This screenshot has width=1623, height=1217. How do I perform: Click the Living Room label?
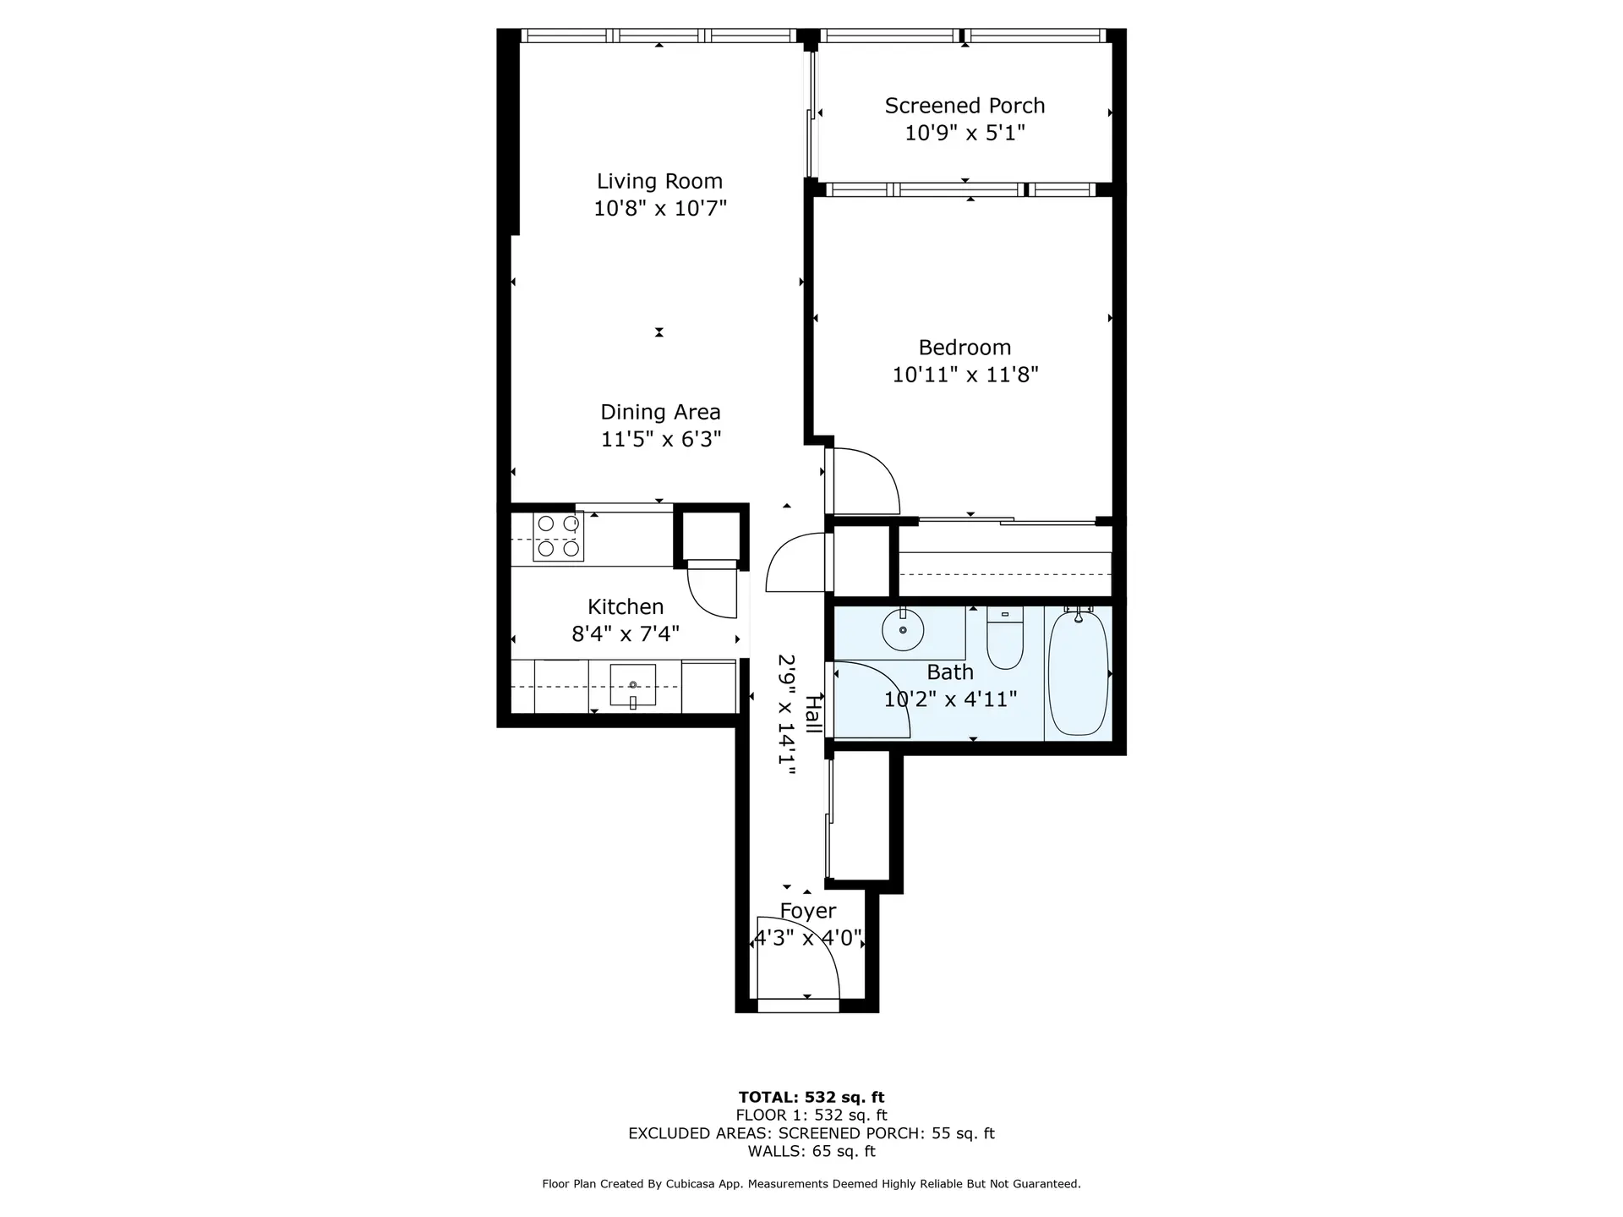[x=659, y=181]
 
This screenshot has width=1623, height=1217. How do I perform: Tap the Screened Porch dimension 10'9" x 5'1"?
[x=965, y=133]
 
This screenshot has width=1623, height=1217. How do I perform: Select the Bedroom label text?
[x=965, y=348]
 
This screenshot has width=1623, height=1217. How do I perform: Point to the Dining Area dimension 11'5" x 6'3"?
[x=660, y=439]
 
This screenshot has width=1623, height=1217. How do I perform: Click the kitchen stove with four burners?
[x=558, y=537]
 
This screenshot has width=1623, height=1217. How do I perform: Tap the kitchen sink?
[x=632, y=685]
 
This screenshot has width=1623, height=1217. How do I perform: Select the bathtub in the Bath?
[x=1078, y=672]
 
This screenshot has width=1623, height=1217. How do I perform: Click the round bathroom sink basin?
[x=903, y=630]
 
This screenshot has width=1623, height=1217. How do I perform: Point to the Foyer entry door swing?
[x=799, y=960]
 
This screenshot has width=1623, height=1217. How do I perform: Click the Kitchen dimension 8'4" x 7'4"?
[x=626, y=633]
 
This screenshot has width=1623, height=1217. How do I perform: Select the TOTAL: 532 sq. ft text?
[x=811, y=1098]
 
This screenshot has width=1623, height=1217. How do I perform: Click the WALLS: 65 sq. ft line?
[x=811, y=1151]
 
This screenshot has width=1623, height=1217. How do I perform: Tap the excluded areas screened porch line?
[x=811, y=1133]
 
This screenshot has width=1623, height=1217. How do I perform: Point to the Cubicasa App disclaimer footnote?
[x=811, y=1184]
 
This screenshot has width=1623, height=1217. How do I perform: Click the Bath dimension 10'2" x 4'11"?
[x=950, y=699]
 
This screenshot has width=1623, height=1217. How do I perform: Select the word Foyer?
[x=808, y=911]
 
